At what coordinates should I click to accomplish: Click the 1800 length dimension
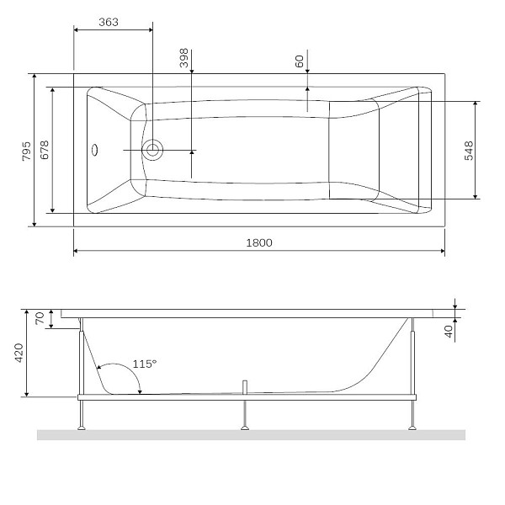coord(259,242)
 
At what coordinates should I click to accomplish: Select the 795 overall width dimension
coord(27,151)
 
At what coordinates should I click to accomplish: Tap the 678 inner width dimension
coord(45,150)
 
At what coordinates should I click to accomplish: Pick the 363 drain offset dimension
coord(108,23)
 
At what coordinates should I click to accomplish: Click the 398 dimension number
coord(183,58)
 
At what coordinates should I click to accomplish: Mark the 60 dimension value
coord(300,61)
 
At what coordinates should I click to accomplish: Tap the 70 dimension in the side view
coord(39,318)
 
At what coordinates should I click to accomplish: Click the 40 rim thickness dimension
coord(449,330)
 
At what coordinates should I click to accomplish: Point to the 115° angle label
coord(145,364)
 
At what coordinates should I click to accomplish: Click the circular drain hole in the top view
coord(152,151)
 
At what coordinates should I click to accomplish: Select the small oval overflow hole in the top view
coord(95,151)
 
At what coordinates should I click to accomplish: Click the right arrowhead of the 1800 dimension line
coord(441,251)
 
